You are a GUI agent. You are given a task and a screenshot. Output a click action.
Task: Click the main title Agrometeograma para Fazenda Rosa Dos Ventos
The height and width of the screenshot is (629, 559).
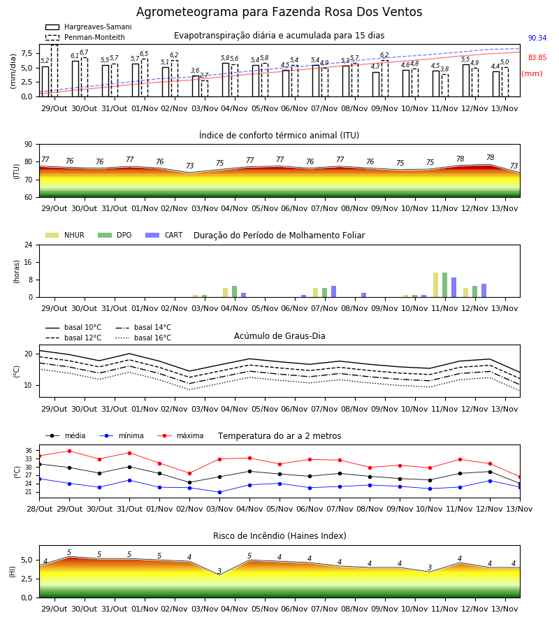(x=279, y=12)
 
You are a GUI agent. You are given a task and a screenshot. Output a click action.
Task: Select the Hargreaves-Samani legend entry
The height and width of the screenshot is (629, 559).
(x=89, y=27)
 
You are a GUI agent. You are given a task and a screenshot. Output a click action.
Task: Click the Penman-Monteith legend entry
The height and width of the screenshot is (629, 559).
(x=85, y=37)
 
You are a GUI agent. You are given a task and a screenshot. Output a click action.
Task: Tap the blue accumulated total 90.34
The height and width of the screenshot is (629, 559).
(x=537, y=38)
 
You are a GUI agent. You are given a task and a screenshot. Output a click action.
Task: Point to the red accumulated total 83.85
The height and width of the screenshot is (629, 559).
(x=537, y=57)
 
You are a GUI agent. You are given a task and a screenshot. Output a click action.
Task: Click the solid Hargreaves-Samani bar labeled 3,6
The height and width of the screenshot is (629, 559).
(x=196, y=86)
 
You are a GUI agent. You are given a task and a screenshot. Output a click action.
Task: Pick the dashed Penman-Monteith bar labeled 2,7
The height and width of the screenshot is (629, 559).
(x=205, y=89)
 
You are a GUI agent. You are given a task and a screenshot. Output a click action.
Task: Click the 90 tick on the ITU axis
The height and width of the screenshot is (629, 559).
(x=29, y=145)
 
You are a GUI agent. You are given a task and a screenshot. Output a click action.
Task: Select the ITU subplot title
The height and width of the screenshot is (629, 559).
(x=279, y=135)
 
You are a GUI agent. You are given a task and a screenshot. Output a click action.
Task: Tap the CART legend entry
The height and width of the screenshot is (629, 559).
(x=164, y=235)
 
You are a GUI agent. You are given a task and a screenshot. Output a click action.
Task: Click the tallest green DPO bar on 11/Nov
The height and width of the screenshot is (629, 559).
(x=444, y=285)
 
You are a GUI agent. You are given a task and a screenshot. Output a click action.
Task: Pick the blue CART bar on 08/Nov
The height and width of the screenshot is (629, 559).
(x=364, y=295)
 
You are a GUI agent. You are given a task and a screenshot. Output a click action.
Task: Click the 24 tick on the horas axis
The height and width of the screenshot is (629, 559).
(x=29, y=245)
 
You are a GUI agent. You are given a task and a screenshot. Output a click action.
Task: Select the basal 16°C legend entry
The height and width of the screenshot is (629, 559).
(x=143, y=338)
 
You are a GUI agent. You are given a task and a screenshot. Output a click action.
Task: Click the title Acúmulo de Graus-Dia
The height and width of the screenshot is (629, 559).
(x=279, y=336)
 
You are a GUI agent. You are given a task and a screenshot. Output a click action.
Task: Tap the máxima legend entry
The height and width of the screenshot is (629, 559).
(x=181, y=435)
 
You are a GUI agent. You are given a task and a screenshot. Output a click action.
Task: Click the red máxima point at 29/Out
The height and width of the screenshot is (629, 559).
(x=70, y=451)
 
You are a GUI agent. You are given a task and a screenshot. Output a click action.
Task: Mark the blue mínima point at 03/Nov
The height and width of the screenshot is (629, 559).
(x=219, y=492)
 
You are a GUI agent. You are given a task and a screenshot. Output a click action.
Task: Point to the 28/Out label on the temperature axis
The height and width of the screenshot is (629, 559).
(x=39, y=509)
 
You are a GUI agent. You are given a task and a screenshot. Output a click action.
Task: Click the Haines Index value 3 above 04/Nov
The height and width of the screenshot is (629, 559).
(x=219, y=571)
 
